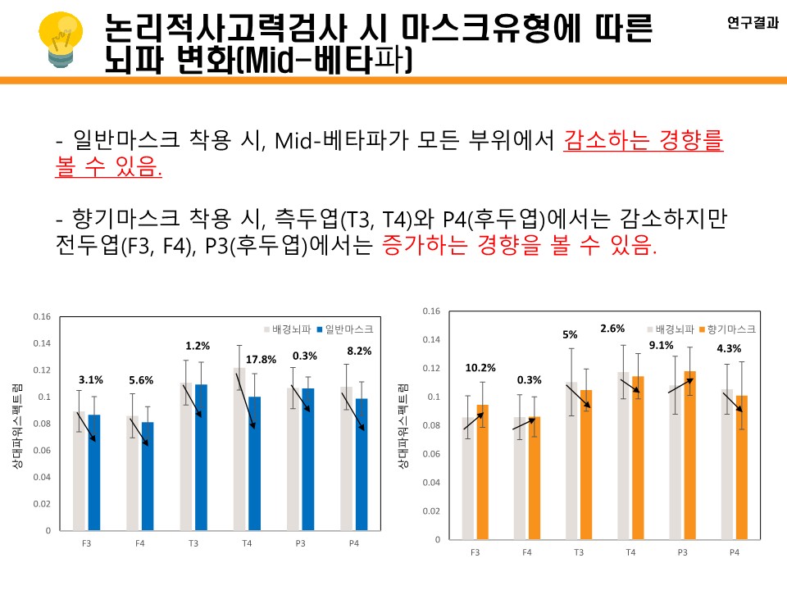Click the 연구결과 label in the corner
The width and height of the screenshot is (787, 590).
pos(753,23)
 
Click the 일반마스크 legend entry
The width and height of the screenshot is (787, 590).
pos(348,328)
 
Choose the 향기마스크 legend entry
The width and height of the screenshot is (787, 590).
pos(730,329)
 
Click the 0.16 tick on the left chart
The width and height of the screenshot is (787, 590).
pos(42,317)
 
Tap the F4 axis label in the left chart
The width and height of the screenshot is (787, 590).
pos(139,542)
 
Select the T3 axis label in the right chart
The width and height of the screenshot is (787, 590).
pos(579,552)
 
